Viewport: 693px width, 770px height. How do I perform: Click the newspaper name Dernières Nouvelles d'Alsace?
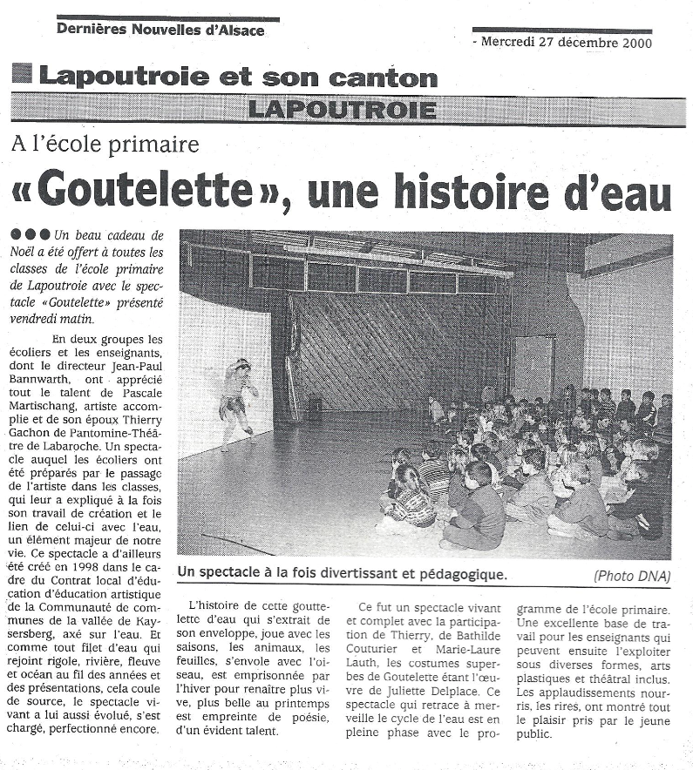tap(160, 30)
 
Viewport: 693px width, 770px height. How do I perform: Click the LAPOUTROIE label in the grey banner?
tap(341, 110)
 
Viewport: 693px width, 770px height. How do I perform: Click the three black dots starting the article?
tap(31, 235)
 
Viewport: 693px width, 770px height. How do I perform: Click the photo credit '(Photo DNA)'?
tap(632, 575)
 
